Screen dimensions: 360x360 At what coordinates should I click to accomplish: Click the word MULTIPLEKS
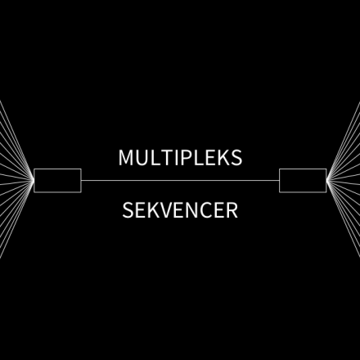coord(180,157)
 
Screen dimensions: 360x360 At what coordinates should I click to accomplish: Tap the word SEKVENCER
coord(180,210)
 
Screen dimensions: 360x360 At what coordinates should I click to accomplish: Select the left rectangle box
coord(57,181)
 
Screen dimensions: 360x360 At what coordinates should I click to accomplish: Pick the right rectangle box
coord(303,181)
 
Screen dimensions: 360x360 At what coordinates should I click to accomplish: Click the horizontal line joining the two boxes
coord(180,180)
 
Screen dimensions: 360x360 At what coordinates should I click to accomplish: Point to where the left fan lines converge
coord(34,180)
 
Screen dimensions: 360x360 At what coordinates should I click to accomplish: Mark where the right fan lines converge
coord(327,180)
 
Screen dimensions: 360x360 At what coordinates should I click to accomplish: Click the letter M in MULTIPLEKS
coord(125,157)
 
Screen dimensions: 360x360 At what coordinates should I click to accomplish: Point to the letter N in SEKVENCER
coord(193,210)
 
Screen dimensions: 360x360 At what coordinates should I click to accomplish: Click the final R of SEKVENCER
coord(232,210)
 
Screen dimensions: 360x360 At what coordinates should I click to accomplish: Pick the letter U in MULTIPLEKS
coord(142,158)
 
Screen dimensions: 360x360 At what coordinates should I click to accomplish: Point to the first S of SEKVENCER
coord(128,210)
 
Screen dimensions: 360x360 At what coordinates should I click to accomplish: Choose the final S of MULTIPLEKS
coord(236,157)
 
